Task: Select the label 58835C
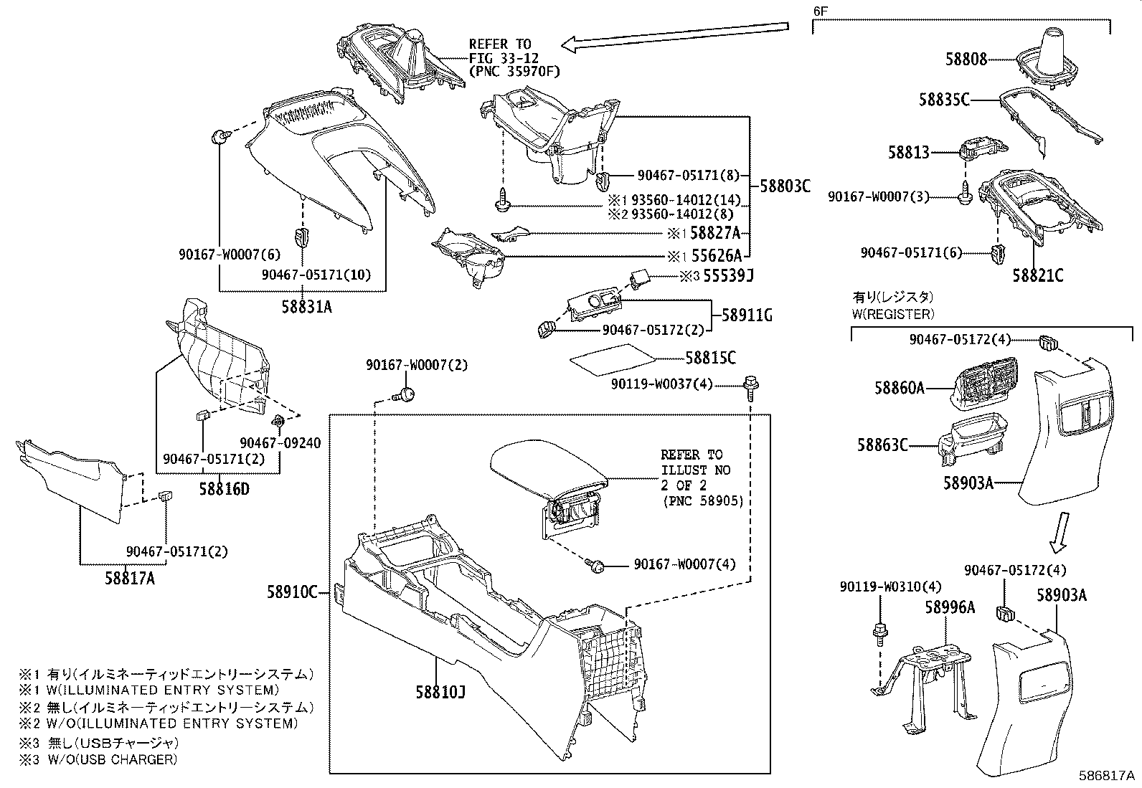(x=944, y=100)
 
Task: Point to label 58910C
(x=292, y=592)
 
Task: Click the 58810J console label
(x=440, y=693)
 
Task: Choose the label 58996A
(x=949, y=608)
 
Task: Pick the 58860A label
(x=899, y=388)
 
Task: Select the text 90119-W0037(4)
(x=661, y=384)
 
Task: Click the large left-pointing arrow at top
(x=674, y=37)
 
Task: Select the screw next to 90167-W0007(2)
(x=405, y=393)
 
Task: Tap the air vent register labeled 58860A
(x=983, y=384)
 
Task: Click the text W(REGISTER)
(x=893, y=314)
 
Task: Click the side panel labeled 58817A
(x=72, y=477)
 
